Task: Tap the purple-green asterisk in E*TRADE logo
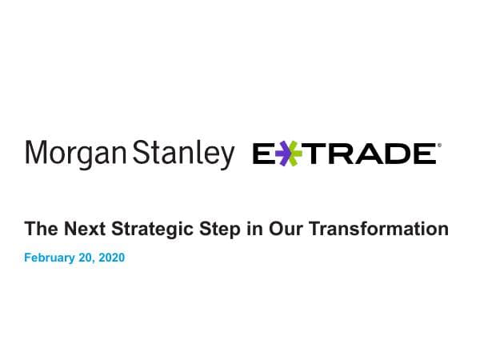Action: [289, 153]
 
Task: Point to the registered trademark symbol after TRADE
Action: [438, 146]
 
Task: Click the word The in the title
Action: [40, 230]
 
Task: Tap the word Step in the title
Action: [215, 230]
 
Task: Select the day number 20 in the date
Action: [90, 258]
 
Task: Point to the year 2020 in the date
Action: [113, 258]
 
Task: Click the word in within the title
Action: [249, 230]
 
